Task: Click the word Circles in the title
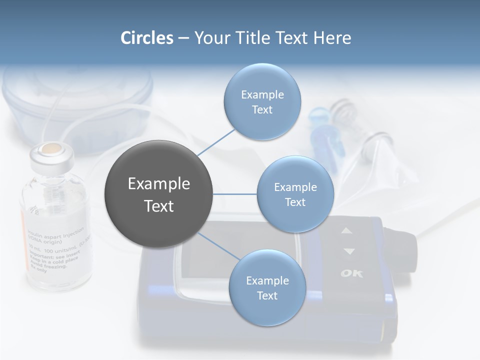[146, 38]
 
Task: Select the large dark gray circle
[159, 194]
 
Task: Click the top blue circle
[262, 102]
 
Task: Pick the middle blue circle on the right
[295, 194]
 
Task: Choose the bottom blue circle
[267, 288]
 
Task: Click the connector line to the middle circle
[235, 194]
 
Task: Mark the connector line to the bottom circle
[218, 245]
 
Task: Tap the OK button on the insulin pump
[351, 273]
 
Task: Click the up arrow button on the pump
[347, 231]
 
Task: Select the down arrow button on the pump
[348, 251]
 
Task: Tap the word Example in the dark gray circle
[159, 184]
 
